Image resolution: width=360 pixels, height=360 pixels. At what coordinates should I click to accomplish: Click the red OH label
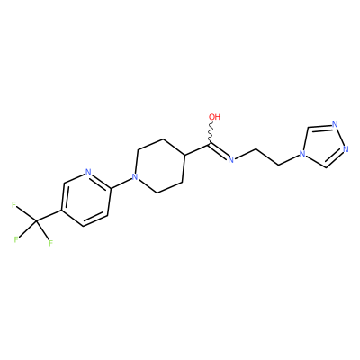[215, 117]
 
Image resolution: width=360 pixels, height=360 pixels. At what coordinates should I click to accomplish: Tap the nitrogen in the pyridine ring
[88, 172]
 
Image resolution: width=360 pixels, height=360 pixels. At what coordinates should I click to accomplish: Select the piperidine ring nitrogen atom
[136, 177]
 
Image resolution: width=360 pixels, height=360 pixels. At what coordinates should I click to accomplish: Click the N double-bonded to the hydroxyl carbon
[230, 159]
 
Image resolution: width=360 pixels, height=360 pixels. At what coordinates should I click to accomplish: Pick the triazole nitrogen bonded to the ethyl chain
[302, 155]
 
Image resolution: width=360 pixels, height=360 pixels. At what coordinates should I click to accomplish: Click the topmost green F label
[13, 205]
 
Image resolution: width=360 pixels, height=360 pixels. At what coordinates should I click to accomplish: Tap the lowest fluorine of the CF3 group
[50, 243]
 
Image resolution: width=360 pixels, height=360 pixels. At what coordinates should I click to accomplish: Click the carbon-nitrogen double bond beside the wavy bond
[219, 151]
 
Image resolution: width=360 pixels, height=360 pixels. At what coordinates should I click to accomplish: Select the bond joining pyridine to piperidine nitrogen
[121, 183]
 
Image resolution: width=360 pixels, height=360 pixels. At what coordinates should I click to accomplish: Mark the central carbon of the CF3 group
[37, 221]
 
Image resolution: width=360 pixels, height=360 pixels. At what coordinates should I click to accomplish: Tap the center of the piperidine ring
[159, 166]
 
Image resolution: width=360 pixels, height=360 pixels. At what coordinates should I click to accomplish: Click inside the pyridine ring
[86, 199]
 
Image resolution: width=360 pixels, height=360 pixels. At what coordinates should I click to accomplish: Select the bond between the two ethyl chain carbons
[267, 157]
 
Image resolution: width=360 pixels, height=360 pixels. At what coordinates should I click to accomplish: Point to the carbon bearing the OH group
[208, 145]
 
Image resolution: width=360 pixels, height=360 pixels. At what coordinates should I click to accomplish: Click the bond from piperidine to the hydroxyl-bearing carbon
[196, 149]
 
